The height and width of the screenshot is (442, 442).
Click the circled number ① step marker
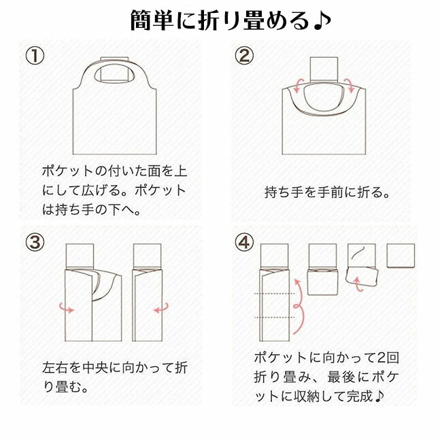tap(35, 56)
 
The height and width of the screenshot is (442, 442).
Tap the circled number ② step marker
tap(244, 56)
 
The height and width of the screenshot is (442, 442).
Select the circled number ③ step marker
tap(35, 243)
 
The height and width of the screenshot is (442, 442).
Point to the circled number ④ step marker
tap(244, 243)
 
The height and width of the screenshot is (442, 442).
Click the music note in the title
tap(322, 21)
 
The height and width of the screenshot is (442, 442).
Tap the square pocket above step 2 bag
tap(324, 69)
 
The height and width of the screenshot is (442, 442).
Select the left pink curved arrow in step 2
tap(298, 86)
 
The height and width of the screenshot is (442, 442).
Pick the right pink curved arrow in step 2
tap(350, 86)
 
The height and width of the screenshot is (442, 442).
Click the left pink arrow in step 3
tap(67, 308)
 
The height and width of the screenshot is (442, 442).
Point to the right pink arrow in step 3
tap(161, 308)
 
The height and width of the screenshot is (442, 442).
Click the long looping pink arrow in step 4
tap(302, 307)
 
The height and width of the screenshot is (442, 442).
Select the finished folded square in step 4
tap(401, 256)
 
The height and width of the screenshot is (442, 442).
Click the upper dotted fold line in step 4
tap(275, 294)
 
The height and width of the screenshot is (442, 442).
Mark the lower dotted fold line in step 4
tap(275, 318)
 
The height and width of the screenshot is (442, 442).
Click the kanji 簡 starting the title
tap(141, 20)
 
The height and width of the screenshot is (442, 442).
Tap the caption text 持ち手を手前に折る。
tap(326, 192)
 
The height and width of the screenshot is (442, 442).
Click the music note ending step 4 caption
tap(379, 396)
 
